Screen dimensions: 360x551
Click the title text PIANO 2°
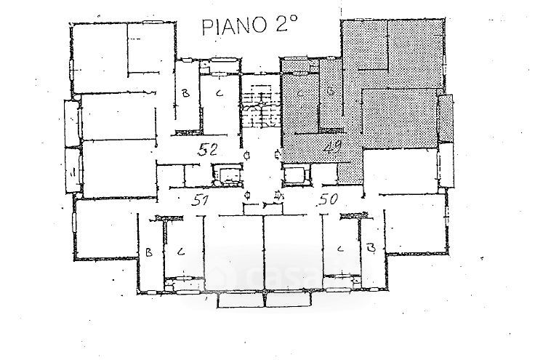(248, 28)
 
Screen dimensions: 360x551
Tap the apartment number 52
(210, 151)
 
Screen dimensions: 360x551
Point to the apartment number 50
(329, 201)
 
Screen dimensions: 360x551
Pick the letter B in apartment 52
(185, 94)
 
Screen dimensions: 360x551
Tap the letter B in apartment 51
(148, 253)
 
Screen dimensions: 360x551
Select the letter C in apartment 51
(181, 252)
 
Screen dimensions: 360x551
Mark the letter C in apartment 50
(339, 249)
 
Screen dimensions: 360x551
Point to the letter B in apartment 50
(371, 249)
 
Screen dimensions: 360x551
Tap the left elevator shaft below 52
(226, 174)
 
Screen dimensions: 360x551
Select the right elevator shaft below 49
(295, 175)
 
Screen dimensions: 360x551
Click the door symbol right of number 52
(248, 155)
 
